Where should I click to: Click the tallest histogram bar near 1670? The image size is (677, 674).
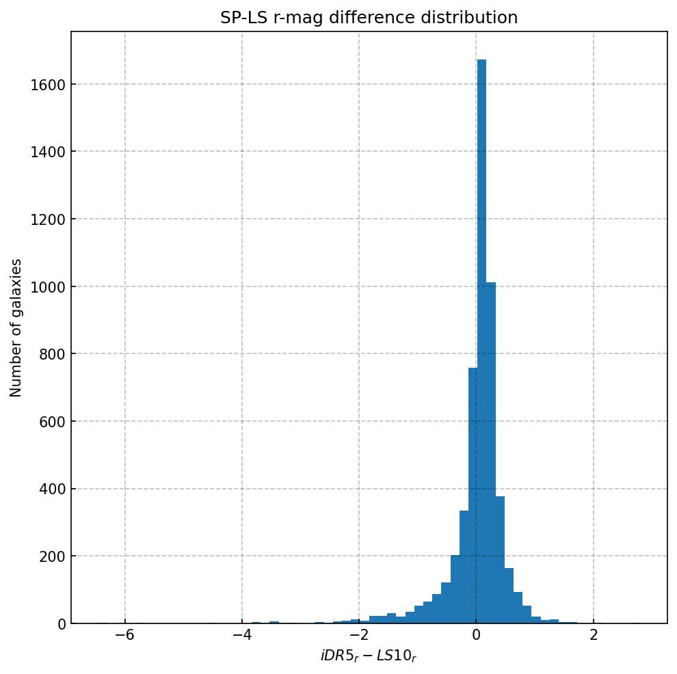pyautogui.click(x=481, y=342)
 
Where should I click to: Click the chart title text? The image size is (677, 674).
pyautogui.click(x=369, y=18)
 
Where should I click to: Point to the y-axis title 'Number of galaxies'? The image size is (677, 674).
pyautogui.click(x=16, y=327)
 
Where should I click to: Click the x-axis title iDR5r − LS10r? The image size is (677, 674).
pyautogui.click(x=369, y=656)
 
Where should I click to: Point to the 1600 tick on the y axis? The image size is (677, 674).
pyautogui.click(x=49, y=85)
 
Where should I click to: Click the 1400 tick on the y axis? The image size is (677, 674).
pyautogui.click(x=49, y=152)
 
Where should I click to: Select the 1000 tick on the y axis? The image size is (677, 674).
pyautogui.click(x=49, y=286)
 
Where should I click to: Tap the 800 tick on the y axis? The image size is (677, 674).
pyautogui.click(x=52, y=354)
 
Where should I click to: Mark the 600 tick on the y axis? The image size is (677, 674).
pyautogui.click(x=52, y=421)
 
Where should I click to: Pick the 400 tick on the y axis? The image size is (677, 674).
pyautogui.click(x=52, y=489)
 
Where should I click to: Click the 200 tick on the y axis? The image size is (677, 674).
pyautogui.click(x=52, y=556)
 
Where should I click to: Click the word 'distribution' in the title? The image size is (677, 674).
pyautogui.click(x=471, y=18)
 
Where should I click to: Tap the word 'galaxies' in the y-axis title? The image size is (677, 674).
pyautogui.click(x=16, y=288)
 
